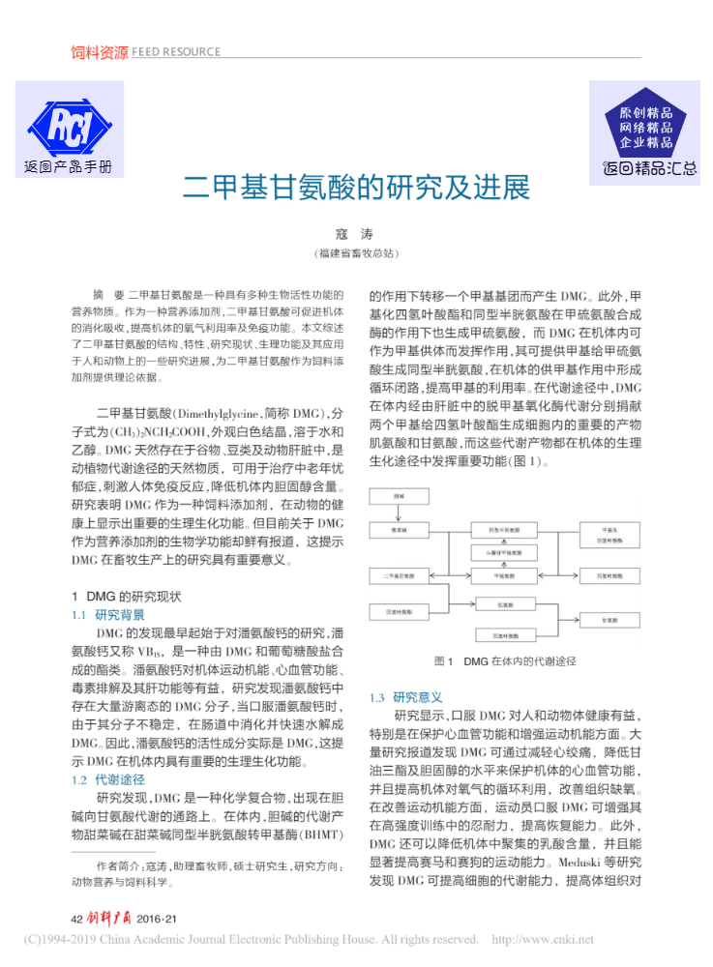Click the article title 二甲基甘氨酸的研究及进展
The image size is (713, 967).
coord(356,187)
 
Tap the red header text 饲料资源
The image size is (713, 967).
coord(99,52)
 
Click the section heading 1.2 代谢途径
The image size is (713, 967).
coord(108,778)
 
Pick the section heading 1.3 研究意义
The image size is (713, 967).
coord(406,696)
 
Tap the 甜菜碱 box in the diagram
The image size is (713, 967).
coord(399,531)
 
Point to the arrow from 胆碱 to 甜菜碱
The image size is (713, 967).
coord(399,513)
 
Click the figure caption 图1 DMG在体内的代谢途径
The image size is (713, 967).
coord(505,661)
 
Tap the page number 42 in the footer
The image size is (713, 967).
coord(78,918)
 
